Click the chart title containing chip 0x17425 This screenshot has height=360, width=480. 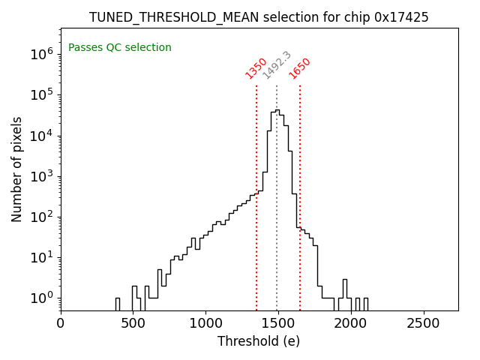point(259,17)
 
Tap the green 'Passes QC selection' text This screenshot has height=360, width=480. point(120,48)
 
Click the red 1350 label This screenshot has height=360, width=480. point(256,67)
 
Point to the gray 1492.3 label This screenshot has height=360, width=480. point(277,65)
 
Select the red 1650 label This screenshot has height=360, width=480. point(300,67)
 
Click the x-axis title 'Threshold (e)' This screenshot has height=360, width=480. point(259,341)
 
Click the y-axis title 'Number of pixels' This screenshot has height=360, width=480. point(17,169)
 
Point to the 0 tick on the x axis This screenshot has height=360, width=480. point(61,323)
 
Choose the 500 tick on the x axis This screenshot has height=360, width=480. point(133,323)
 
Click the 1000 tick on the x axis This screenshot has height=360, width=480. point(205,323)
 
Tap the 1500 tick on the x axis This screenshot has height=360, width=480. point(278,323)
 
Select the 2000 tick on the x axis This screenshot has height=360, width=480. point(351,323)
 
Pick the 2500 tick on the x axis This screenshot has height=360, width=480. point(424,323)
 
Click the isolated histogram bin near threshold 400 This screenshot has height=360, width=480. point(118,304)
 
